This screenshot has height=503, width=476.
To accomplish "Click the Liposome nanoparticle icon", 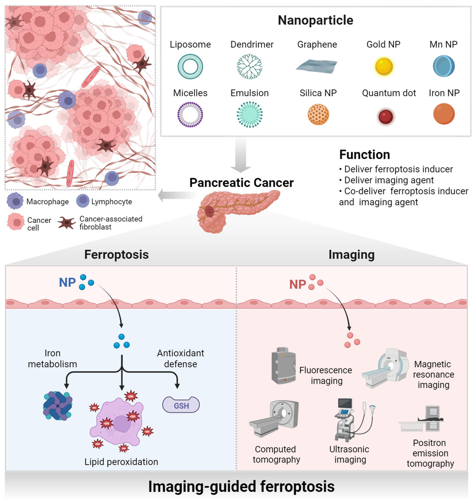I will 190,66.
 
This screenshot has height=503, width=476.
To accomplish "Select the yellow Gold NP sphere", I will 384,66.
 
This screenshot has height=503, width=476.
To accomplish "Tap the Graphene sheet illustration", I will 317,66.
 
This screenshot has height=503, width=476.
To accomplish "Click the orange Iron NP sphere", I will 444,114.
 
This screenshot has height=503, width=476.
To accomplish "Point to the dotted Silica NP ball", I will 318,115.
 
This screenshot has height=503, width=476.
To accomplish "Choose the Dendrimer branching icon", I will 249,66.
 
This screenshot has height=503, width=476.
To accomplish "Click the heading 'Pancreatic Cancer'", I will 241,183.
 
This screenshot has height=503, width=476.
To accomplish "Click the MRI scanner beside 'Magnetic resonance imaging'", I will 386,368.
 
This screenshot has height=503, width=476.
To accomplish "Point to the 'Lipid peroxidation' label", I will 121,462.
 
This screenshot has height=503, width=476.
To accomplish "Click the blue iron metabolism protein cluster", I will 58,406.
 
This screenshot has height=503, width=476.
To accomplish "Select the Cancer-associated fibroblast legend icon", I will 66,223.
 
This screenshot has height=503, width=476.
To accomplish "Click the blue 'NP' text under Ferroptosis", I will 67,282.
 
